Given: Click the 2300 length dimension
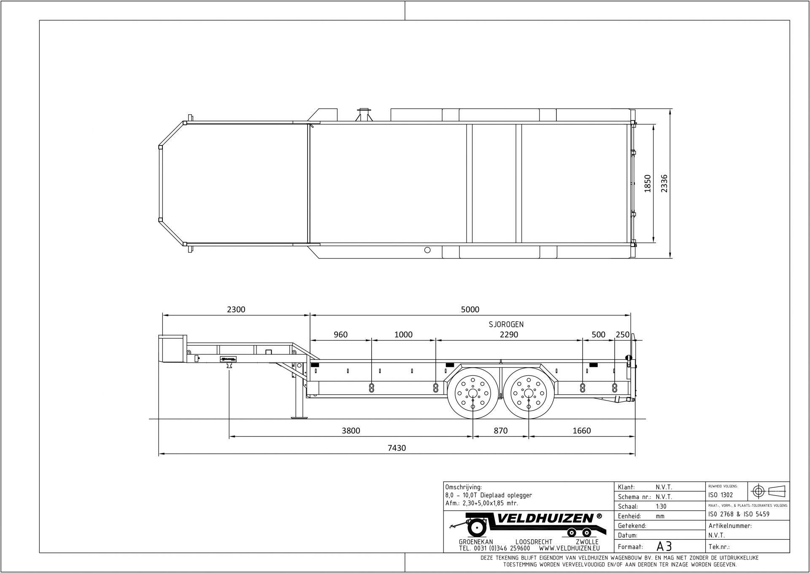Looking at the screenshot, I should pos(236,309).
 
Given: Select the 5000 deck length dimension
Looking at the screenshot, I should pos(470,309).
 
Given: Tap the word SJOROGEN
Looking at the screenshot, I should pos(506,324).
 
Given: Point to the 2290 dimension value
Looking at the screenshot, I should pos(509,335).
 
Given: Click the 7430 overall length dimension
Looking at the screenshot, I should pos(397,448).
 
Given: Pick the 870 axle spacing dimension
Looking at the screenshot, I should pos(500,430).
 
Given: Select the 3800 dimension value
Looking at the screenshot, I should pos(351,430).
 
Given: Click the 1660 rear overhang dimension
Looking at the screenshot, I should pos(581,430).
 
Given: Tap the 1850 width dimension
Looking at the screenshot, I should pos(648,183).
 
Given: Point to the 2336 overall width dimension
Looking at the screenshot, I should pos(664,183).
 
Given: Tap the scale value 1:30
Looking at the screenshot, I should pos(661,506).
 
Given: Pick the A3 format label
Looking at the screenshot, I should pos(664,546).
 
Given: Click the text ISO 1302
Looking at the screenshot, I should pos(720,495).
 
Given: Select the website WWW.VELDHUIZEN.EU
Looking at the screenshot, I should pos(569,549).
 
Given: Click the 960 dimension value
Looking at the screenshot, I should pos(340,335).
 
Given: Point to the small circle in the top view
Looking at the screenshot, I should pos(427,250).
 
